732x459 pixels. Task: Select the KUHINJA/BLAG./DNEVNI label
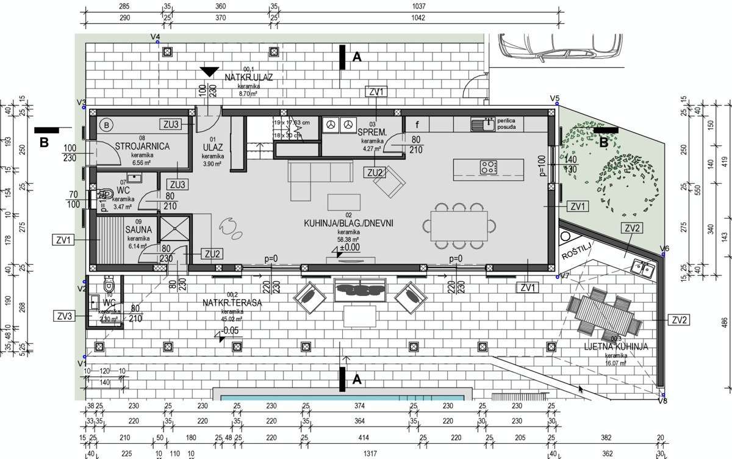[x=348, y=223]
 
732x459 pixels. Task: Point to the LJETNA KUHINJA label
[x=616, y=347]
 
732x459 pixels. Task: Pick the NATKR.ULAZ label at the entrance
[x=248, y=78]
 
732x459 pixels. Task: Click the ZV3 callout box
[x=63, y=316]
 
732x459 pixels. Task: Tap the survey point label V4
[x=156, y=37]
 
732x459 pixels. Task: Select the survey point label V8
[x=663, y=400]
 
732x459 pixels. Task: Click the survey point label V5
[x=554, y=98]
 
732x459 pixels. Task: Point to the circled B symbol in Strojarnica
[x=107, y=125]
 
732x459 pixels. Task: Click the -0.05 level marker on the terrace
[x=230, y=331]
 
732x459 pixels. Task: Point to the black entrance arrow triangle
[x=209, y=71]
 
